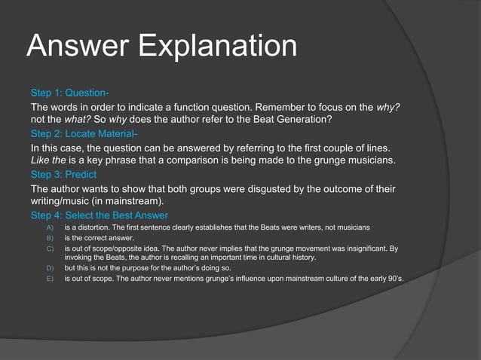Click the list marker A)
[x=51, y=228]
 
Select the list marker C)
[x=51, y=248]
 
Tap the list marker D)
[x=51, y=268]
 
